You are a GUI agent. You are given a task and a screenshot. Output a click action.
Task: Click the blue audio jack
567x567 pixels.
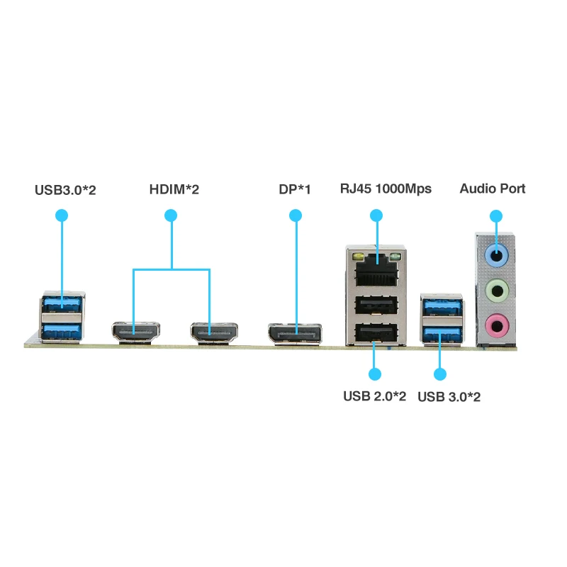497,255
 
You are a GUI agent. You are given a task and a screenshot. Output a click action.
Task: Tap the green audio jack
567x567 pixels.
497,291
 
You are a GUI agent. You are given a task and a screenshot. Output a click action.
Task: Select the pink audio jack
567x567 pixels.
497,325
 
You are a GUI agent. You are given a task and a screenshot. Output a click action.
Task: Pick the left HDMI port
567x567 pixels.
135,332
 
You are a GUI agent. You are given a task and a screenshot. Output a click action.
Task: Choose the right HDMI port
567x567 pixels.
214,332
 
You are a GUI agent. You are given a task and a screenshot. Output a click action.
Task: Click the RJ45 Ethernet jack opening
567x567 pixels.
377,270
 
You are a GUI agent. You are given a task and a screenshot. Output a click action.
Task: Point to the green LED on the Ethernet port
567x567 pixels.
395,257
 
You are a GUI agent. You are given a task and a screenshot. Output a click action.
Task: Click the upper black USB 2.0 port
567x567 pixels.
376,305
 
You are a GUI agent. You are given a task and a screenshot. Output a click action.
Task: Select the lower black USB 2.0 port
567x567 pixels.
376,332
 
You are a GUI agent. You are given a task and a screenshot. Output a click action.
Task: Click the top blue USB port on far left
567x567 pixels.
62,304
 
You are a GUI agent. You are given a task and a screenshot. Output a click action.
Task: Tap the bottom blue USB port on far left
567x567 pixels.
62,332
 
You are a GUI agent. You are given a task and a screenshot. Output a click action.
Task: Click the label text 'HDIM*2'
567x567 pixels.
174,189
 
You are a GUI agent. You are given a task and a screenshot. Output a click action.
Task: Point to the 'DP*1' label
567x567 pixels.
295,189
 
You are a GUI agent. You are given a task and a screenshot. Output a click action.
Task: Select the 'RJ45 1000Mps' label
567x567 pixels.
386,189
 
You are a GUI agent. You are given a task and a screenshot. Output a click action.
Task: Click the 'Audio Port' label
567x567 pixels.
493,189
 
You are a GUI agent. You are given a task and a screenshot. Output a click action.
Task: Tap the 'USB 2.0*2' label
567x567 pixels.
375,396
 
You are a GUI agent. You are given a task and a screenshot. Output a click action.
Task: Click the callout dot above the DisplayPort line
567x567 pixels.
296,215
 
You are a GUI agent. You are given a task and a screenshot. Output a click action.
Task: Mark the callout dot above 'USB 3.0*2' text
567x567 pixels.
439,374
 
